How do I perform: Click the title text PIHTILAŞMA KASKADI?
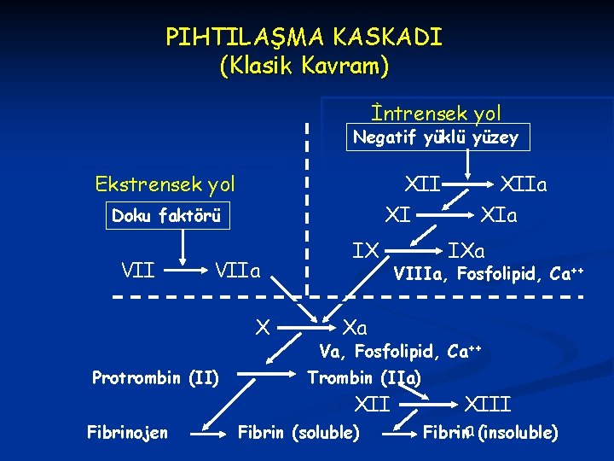click(304, 38)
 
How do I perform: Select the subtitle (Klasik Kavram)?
click(304, 66)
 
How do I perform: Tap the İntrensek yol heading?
click(436, 113)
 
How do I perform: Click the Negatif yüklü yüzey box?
click(437, 137)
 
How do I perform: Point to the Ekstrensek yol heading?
click(165, 184)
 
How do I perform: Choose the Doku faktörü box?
click(166, 216)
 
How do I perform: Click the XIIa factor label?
click(524, 184)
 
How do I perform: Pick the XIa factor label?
click(499, 215)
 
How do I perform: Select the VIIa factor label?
click(236, 271)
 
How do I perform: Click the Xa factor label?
click(354, 327)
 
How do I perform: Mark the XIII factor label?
click(487, 403)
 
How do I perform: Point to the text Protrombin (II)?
click(155, 377)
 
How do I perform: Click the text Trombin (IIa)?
click(363, 377)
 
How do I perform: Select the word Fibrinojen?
click(127, 433)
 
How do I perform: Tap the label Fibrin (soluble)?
click(298, 433)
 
